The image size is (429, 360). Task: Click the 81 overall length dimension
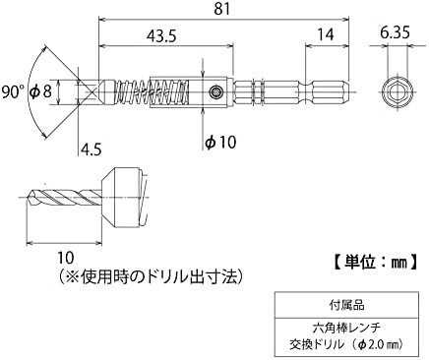coord(222,9)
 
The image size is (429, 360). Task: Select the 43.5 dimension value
coord(161,35)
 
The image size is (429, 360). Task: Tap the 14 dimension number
coord(326,34)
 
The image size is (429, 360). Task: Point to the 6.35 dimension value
coord(395,32)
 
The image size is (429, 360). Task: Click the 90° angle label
coord(14,91)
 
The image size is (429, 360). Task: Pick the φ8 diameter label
coord(40,91)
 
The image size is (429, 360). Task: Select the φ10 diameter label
coord(220,142)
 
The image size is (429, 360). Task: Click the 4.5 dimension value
coord(91,150)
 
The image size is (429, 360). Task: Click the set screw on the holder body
coord(215,91)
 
